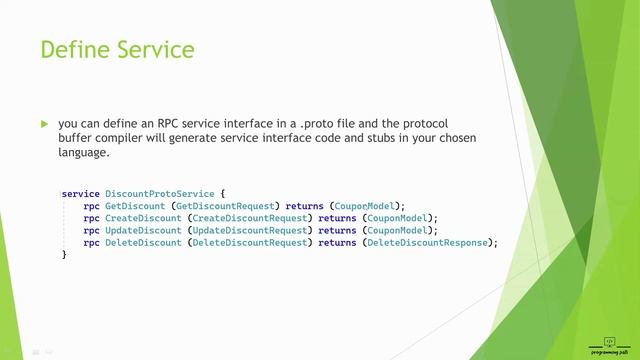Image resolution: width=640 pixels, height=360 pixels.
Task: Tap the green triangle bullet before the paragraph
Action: tap(43, 124)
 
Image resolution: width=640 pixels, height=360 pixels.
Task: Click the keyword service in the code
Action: tap(80, 193)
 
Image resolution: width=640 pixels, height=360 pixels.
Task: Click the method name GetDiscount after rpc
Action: tap(136, 205)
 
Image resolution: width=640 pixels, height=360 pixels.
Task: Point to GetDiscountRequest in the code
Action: tap(232, 205)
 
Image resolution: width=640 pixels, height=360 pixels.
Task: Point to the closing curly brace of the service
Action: tap(64, 255)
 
